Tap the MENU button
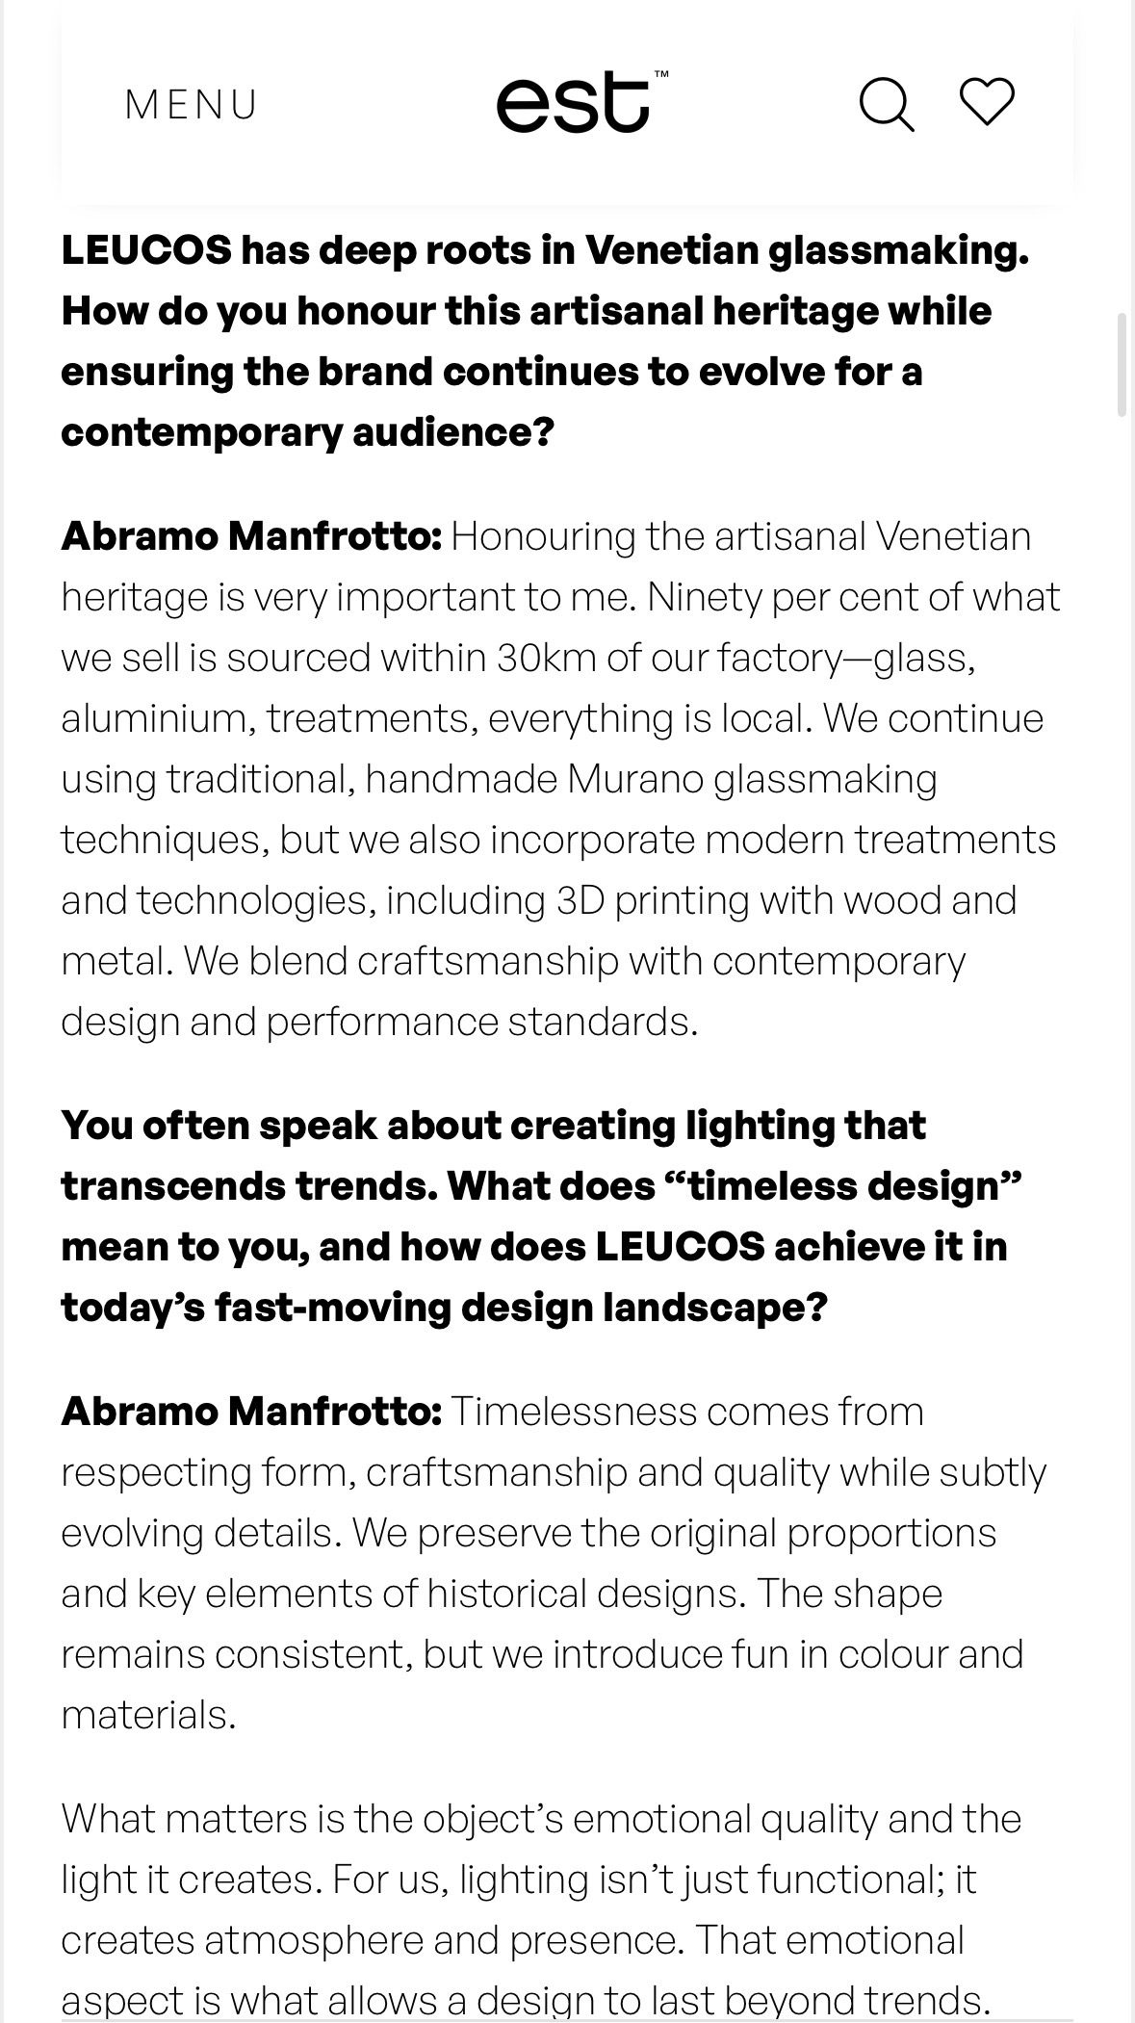[192, 105]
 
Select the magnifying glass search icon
[886, 103]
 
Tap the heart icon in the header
[987, 101]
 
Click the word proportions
[891, 1533]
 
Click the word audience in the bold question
[451, 432]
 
